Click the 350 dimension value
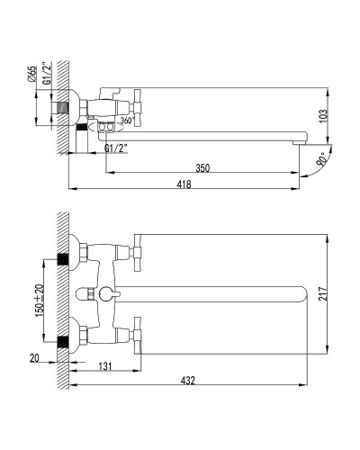[x=202, y=167]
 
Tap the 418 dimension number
[x=184, y=184]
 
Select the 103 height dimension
[x=322, y=117]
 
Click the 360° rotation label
[x=126, y=121]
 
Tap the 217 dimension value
[x=322, y=294]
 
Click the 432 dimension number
[x=188, y=381]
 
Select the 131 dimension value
[x=105, y=366]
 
